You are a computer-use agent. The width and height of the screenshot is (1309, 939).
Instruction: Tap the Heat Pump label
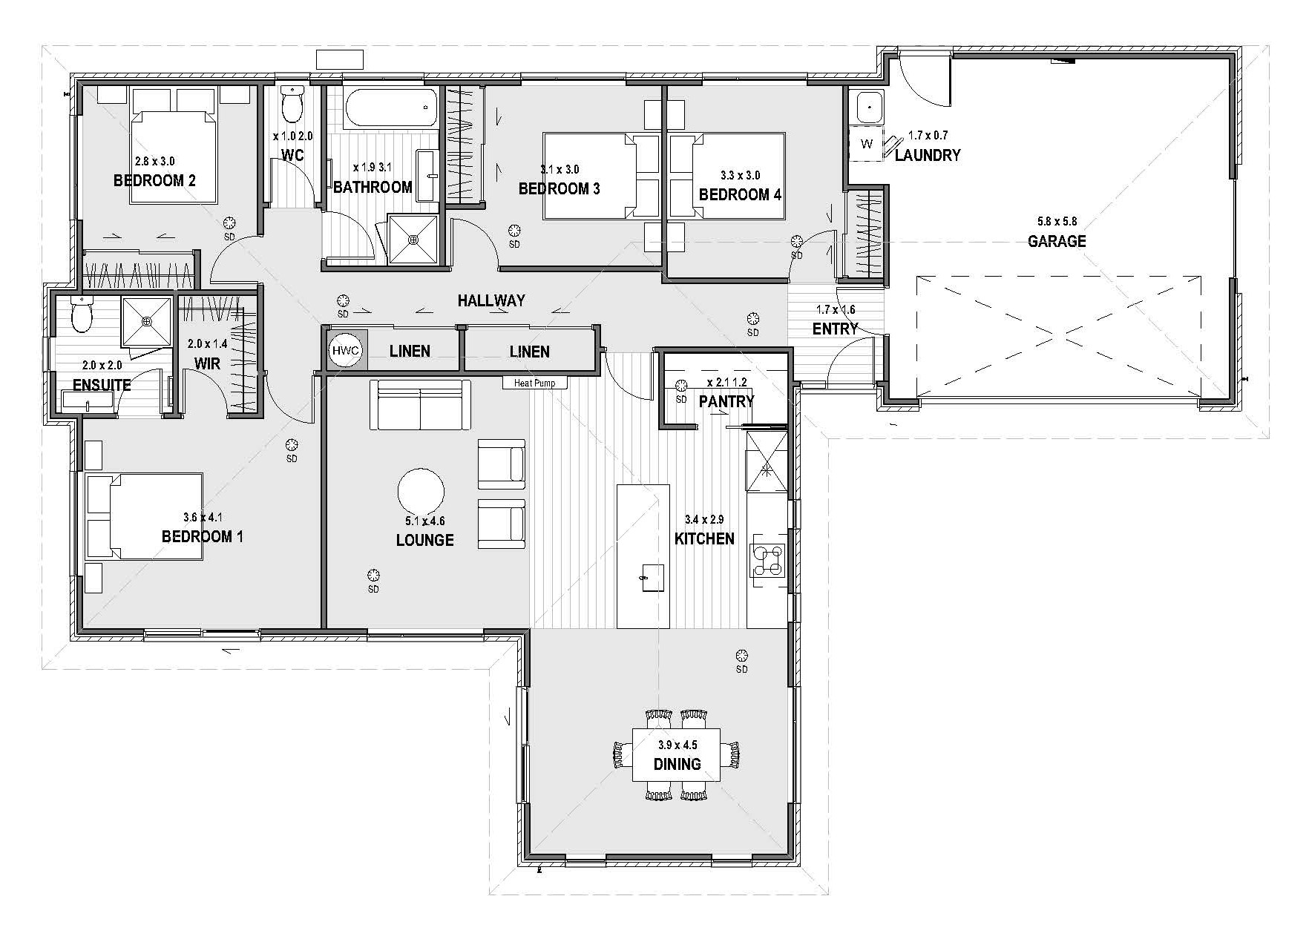coord(534,383)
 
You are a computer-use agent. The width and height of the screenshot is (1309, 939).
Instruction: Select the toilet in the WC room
coord(292,104)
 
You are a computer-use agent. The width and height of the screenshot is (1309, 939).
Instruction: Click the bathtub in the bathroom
coord(390,108)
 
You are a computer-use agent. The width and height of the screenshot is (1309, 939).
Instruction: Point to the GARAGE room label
coord(1057,241)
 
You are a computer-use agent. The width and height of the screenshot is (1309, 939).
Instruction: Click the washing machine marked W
coord(867,144)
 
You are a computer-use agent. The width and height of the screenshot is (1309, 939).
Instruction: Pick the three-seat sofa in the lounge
coord(421,405)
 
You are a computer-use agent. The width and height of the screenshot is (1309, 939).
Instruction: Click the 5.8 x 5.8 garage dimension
coord(1057,221)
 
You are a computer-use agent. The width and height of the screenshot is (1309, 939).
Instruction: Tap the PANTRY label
coord(726,401)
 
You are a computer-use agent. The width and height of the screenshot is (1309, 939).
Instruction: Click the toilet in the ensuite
coord(79,314)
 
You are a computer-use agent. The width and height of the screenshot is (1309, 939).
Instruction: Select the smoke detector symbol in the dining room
coord(741,655)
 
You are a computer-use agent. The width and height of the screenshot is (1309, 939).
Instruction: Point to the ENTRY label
coord(835,329)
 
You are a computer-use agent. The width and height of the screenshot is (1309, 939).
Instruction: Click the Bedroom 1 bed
coord(145,516)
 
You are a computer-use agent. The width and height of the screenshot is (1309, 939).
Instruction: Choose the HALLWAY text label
coord(491,300)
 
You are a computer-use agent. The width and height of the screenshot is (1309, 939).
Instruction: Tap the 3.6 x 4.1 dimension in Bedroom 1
coord(203,518)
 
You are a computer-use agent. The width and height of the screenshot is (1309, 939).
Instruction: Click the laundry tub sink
coord(867,108)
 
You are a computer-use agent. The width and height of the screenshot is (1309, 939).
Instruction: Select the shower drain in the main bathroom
coord(414,239)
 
